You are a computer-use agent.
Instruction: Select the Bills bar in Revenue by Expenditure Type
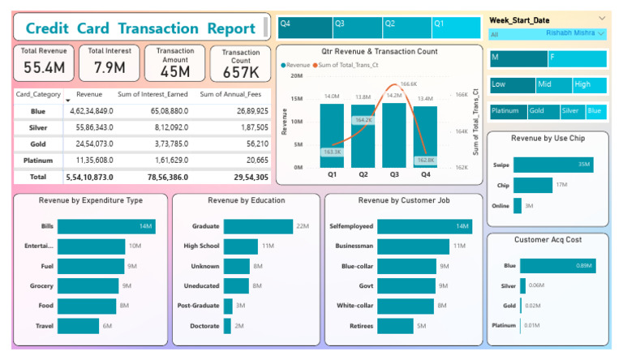[106, 226]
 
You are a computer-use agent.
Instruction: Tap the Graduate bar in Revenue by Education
[257, 226]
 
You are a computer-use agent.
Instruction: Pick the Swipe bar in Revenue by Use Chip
[552, 165]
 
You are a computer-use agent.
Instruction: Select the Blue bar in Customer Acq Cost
[557, 266]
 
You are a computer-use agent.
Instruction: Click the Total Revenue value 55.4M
[45, 67]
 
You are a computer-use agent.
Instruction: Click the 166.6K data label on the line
[408, 83]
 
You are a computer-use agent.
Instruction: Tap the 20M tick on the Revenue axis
[297, 75]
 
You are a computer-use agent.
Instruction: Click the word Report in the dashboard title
[231, 28]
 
